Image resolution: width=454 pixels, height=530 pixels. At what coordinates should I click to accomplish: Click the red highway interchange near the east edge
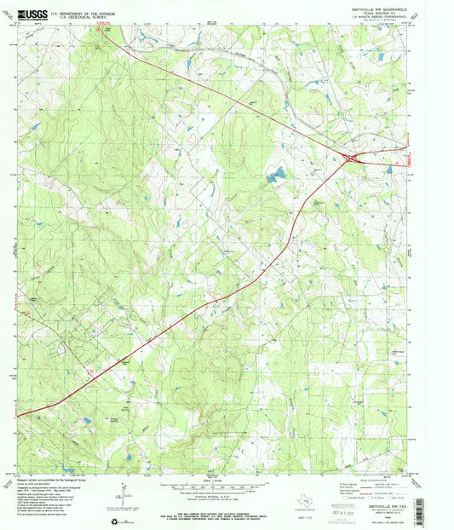pos(351,156)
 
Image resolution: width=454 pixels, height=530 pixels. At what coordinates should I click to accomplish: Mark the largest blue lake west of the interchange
pos(274,177)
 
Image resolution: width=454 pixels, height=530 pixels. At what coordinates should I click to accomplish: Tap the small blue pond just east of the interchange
pos(388,169)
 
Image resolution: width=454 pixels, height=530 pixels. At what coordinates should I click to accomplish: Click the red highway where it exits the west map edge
pos(20,415)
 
